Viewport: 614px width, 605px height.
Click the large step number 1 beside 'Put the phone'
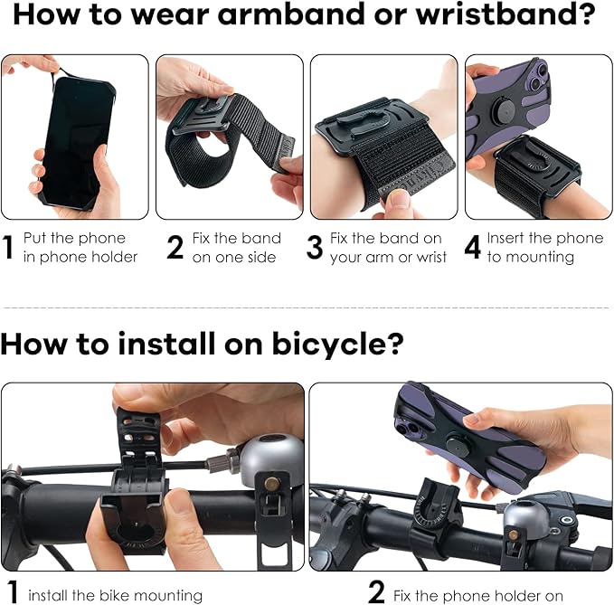[9, 247]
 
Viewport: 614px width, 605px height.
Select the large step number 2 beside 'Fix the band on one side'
[175, 247]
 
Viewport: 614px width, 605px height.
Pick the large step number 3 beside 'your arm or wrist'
[314, 247]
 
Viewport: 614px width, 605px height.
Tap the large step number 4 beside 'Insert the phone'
[473, 247]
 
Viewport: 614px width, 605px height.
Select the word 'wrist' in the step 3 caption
[430, 257]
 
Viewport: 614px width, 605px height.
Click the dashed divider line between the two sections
[307, 308]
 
